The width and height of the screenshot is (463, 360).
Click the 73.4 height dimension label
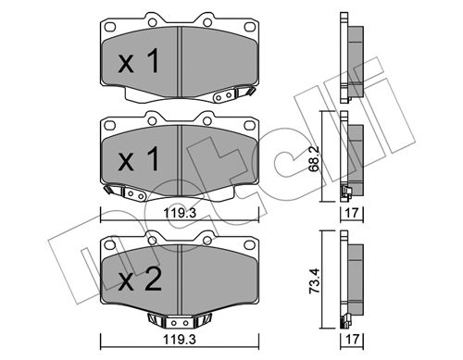tap(315, 281)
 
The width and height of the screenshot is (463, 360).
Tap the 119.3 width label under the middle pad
tap(180, 213)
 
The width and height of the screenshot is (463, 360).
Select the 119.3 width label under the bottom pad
tap(180, 340)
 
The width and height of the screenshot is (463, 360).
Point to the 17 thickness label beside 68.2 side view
tap(352, 213)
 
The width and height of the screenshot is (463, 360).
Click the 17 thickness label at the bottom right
tap(352, 340)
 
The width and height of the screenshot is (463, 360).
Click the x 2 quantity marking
tap(140, 279)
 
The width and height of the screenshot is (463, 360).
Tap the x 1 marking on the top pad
tap(139, 61)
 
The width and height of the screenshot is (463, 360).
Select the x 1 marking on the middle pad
tap(139, 159)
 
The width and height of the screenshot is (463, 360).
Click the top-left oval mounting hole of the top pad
tap(110, 27)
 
